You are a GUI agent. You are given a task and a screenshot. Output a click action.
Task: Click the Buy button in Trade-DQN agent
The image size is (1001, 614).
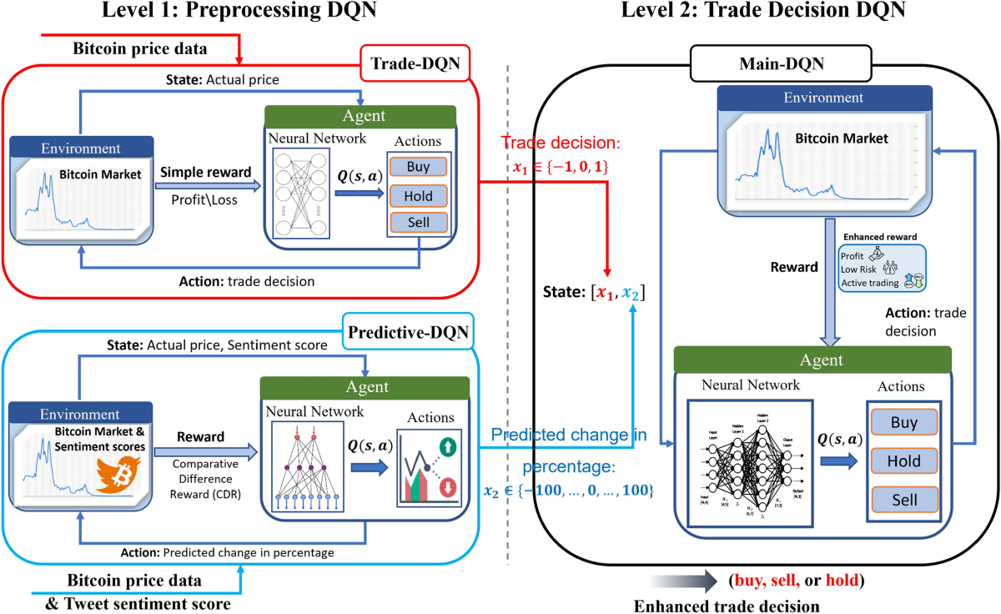418,167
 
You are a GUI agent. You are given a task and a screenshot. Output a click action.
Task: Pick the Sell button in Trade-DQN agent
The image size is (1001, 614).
418,223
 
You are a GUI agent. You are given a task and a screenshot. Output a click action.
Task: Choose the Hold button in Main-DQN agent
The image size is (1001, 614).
904,460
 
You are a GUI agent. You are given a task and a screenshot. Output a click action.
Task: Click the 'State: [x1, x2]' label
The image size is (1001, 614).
592,293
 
